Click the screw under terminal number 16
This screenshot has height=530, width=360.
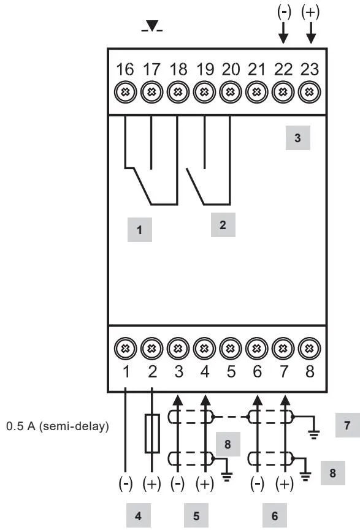tap(125, 92)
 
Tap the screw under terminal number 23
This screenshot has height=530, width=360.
tap(309, 92)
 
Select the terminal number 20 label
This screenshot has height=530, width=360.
tap(231, 69)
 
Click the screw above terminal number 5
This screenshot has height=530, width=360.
tap(231, 348)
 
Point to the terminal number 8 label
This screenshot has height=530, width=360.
tap(310, 371)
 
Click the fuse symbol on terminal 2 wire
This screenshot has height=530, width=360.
tap(152, 433)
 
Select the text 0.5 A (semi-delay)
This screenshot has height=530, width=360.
tap(58, 426)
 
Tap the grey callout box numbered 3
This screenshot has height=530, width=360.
tap(297, 138)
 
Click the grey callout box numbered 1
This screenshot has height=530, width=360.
tap(139, 230)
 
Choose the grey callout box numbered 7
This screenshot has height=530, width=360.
tap(348, 425)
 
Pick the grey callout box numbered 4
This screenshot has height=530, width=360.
tap(139, 516)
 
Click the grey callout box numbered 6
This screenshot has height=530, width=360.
tap(275, 516)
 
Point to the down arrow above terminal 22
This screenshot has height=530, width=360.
tap(283, 34)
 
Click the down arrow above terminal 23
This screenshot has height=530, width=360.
tap(310, 34)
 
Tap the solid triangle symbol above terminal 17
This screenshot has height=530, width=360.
tap(152, 26)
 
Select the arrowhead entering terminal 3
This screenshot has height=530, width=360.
tap(178, 401)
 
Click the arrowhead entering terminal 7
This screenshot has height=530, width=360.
tap(285, 401)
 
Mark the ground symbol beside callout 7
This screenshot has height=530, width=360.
tap(314, 434)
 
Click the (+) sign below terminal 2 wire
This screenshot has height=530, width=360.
tap(151, 484)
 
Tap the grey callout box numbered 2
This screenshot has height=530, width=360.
tap(223, 225)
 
